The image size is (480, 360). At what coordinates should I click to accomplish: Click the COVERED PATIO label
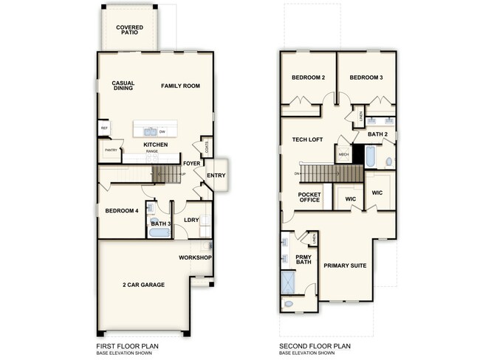pyautogui.click(x=130, y=30)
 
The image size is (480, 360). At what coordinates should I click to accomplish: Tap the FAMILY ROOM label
pyautogui.click(x=181, y=86)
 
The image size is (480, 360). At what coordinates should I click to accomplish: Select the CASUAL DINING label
pyautogui.click(x=123, y=86)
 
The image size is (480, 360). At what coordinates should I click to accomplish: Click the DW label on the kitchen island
pyautogui.click(x=162, y=131)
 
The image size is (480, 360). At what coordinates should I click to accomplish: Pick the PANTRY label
pyautogui.click(x=112, y=150)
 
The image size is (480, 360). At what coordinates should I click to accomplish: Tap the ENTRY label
pyautogui.click(x=216, y=175)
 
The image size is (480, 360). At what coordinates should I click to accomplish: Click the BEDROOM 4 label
pyautogui.click(x=122, y=210)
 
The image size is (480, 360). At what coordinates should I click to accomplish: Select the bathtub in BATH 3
pyautogui.click(x=159, y=233)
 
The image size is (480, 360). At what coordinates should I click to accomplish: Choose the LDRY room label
pyautogui.click(x=191, y=220)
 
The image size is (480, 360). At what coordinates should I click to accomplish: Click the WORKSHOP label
pyautogui.click(x=196, y=257)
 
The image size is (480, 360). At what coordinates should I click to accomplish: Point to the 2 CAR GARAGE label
pyautogui.click(x=143, y=285)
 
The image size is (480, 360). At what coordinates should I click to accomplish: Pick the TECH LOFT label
pyautogui.click(x=306, y=139)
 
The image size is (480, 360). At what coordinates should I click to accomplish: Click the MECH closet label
pyautogui.click(x=343, y=155)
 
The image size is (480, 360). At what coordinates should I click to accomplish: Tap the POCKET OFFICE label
pyautogui.click(x=309, y=198)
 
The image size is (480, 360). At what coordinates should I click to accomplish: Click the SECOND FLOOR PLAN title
pyautogui.click(x=315, y=345)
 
